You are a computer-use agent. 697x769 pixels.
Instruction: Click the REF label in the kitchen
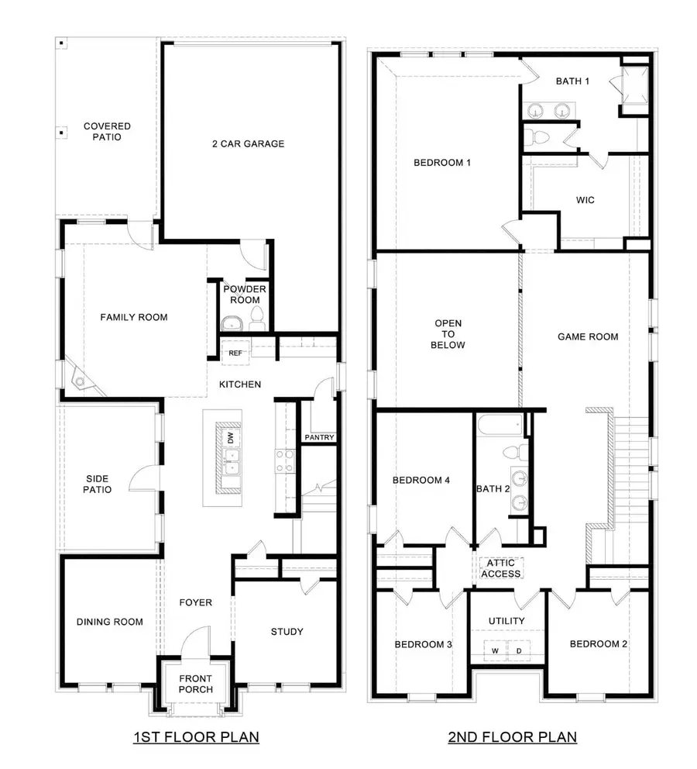[235, 353]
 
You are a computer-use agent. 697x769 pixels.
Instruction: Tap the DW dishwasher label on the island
[230, 438]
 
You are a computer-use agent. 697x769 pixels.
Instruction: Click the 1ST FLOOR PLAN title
[195, 736]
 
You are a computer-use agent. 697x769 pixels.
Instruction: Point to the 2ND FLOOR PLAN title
[513, 736]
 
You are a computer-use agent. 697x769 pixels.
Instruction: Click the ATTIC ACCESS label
[501, 568]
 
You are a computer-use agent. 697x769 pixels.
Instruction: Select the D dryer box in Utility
[518, 650]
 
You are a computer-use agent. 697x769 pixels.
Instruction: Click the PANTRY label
[319, 438]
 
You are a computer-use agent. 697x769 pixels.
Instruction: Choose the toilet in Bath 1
[537, 138]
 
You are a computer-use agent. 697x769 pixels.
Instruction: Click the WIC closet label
[586, 201]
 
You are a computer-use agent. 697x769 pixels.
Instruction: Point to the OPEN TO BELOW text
[448, 336]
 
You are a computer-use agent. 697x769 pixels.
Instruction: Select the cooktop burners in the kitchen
[283, 461]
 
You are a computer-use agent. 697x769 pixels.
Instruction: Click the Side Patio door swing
[144, 481]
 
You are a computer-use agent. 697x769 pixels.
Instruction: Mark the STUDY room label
[287, 632]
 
